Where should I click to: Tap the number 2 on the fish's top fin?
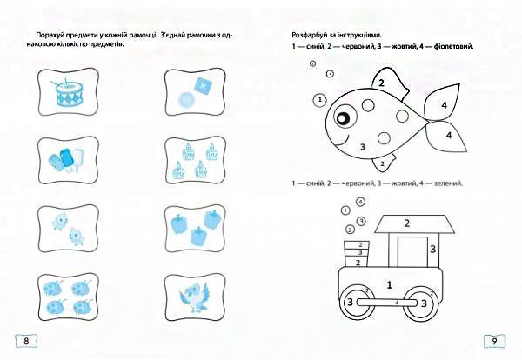(x=381, y=83)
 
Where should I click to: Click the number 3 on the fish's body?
(x=362, y=148)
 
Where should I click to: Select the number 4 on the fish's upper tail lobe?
(x=444, y=105)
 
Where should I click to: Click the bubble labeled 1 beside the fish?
(x=321, y=100)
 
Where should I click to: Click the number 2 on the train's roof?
(x=406, y=223)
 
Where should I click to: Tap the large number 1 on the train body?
(x=390, y=284)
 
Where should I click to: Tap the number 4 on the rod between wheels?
(x=397, y=303)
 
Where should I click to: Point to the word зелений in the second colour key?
(x=445, y=183)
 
